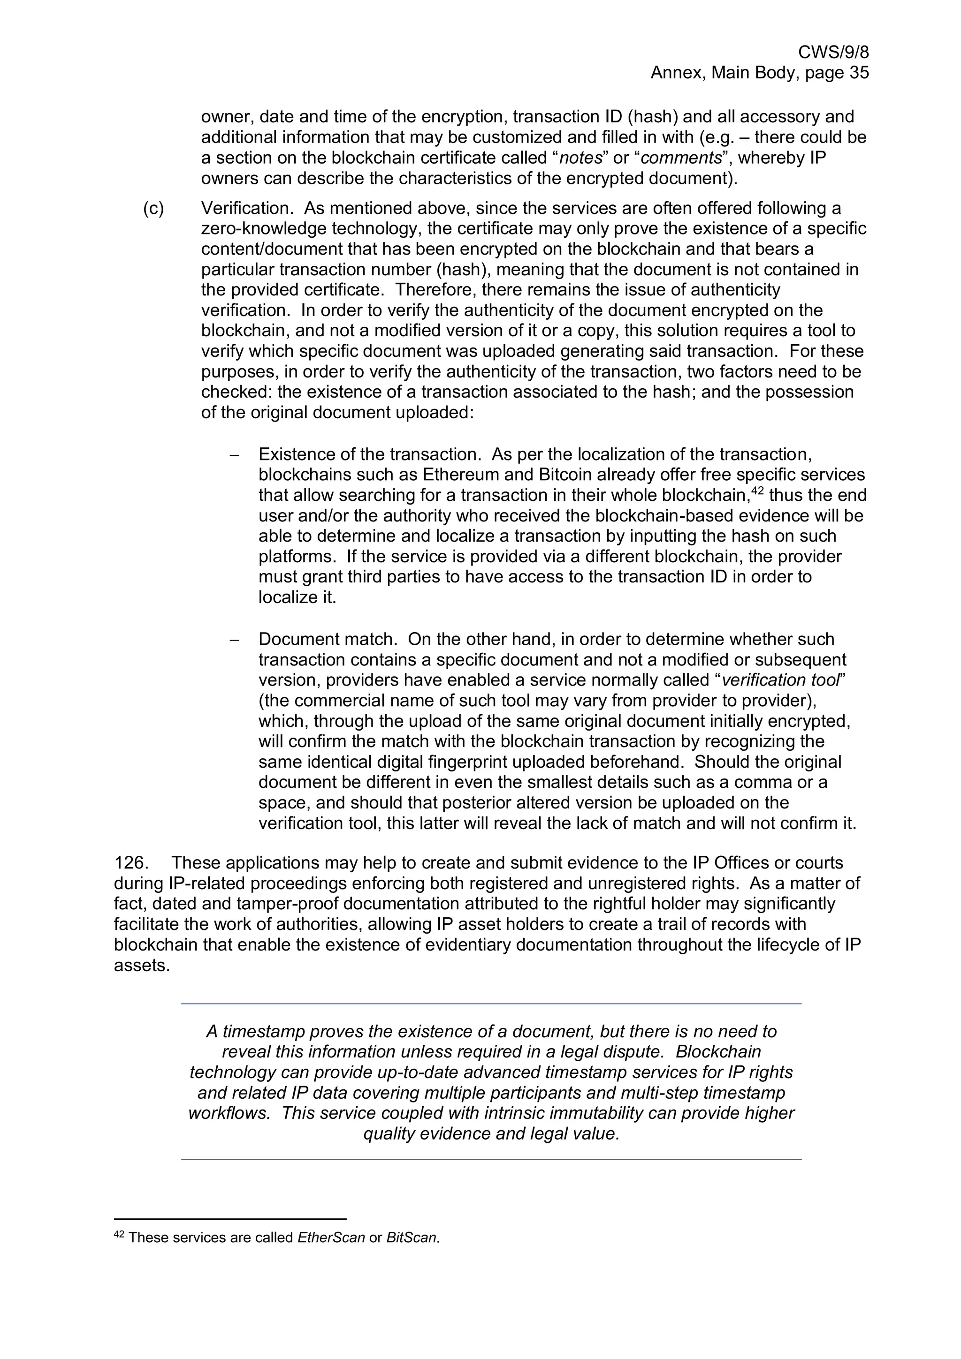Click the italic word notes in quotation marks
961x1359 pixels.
(581, 158)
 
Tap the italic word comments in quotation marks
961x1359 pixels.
(681, 158)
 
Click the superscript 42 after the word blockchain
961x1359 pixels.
(757, 490)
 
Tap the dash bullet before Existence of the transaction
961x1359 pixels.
(234, 455)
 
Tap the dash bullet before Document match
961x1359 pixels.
(234, 640)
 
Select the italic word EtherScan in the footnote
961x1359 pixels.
(331, 1238)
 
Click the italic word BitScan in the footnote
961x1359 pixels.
(412, 1238)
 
